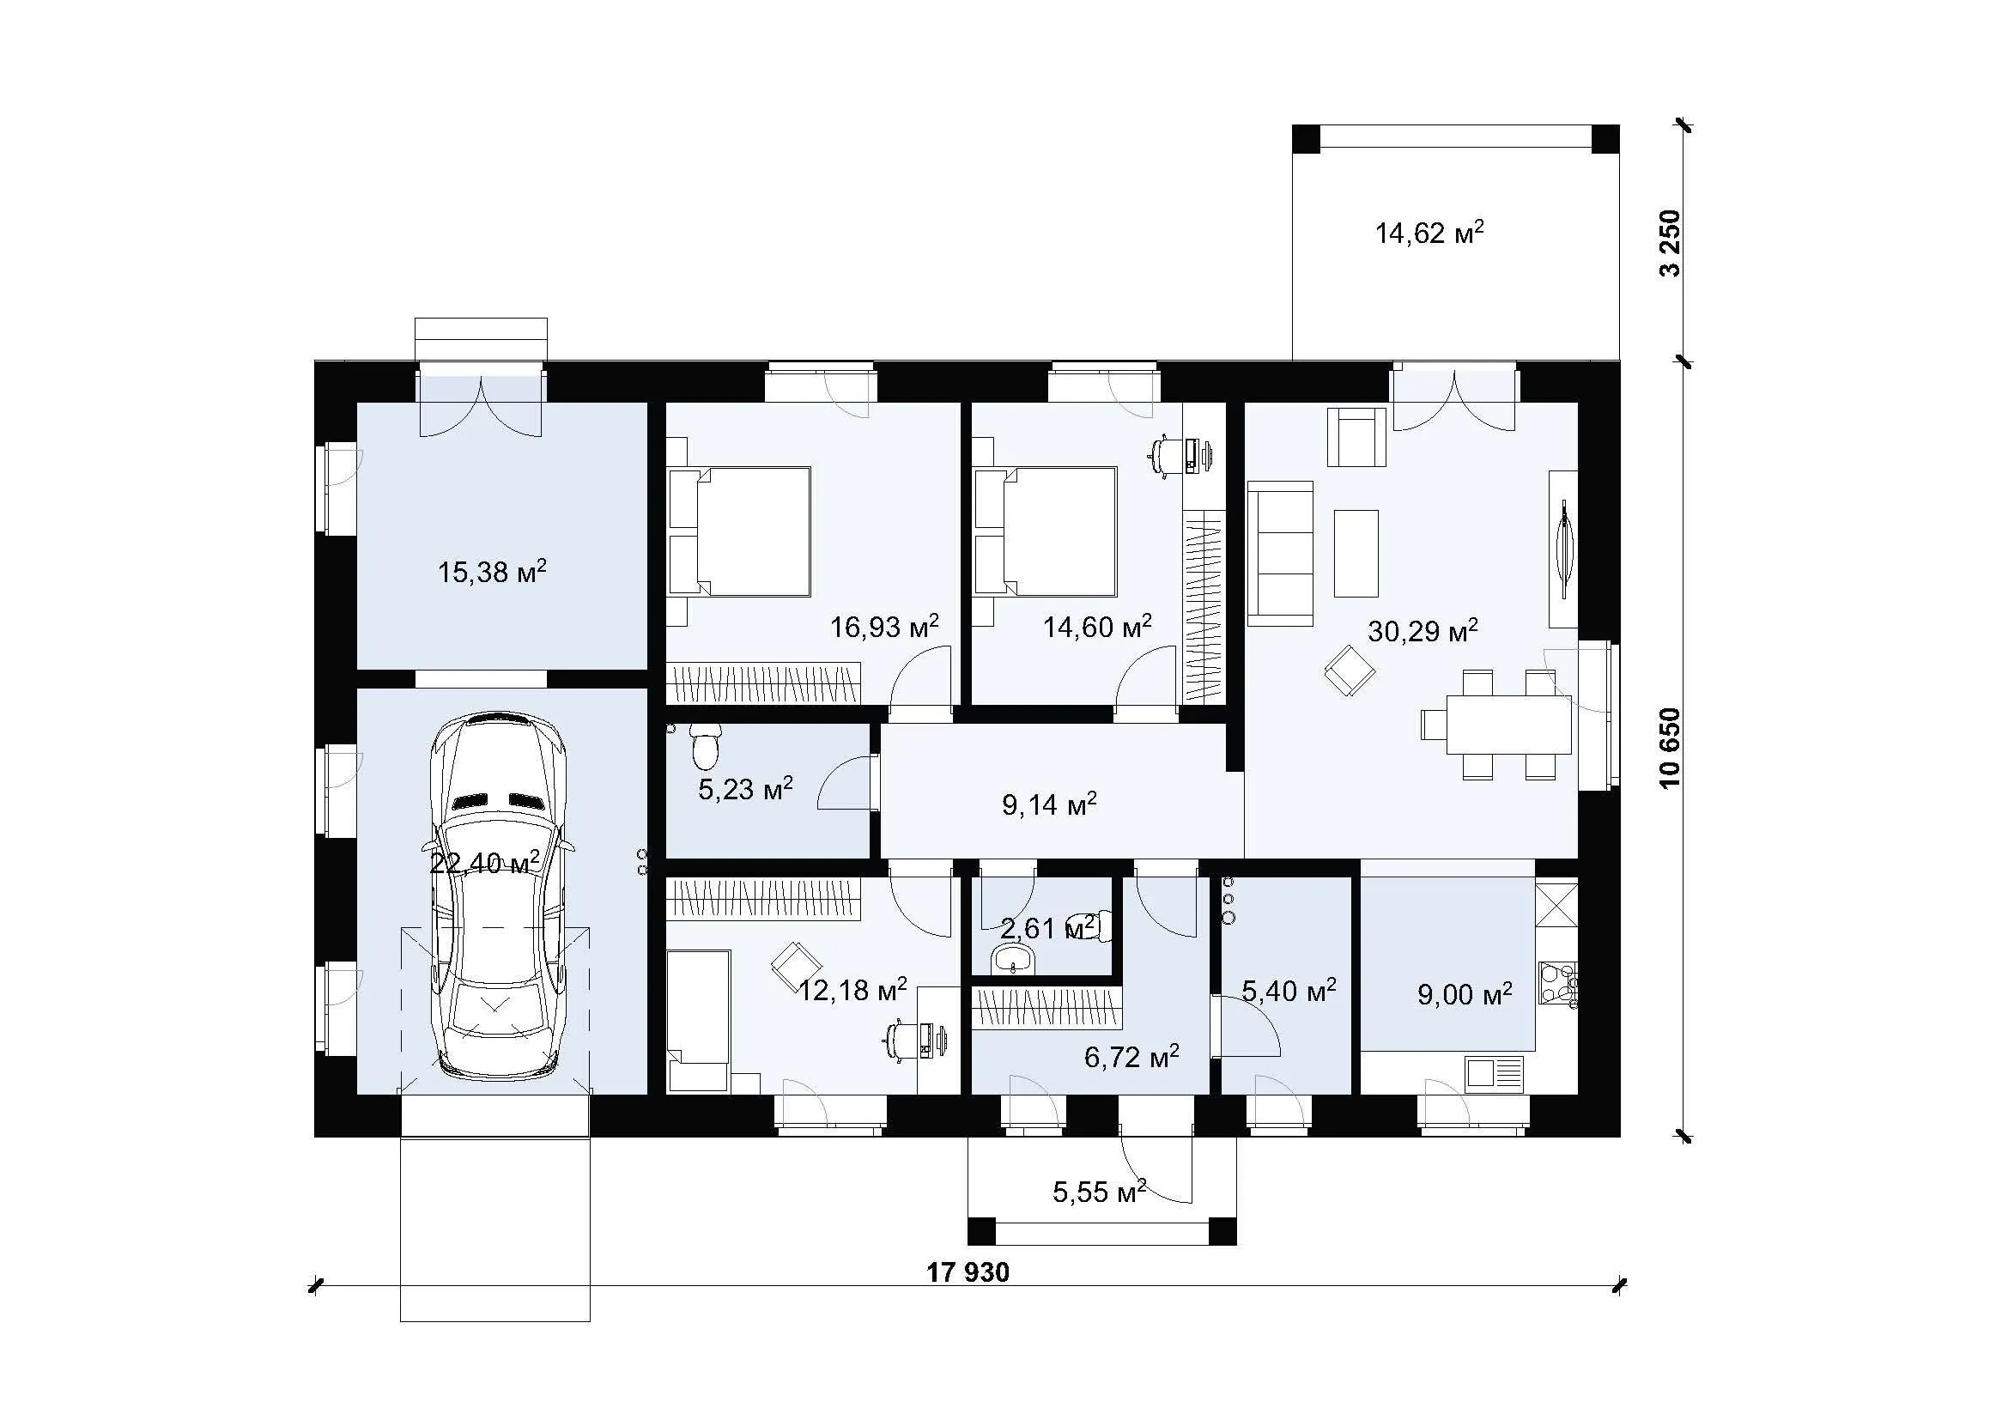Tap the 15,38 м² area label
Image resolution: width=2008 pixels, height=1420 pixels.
(493, 572)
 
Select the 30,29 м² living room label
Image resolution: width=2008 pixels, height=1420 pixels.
(1423, 630)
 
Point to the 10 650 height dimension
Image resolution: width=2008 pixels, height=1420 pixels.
(1670, 748)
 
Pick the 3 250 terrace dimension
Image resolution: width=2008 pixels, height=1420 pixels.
(1670, 243)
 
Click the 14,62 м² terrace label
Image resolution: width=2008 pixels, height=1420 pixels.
(1430, 233)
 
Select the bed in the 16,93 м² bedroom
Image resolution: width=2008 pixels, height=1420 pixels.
(739, 531)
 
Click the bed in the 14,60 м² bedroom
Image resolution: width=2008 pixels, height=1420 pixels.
(1045, 531)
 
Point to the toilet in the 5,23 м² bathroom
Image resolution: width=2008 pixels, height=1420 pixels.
(705, 745)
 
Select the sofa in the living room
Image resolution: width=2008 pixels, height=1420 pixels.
(1280, 554)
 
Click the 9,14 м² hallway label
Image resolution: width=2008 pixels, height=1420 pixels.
(1049, 804)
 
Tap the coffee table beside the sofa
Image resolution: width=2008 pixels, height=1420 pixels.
(1356, 554)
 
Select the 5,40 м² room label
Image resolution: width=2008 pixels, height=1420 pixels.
(1289, 991)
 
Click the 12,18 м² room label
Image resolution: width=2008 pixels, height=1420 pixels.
(852, 990)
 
